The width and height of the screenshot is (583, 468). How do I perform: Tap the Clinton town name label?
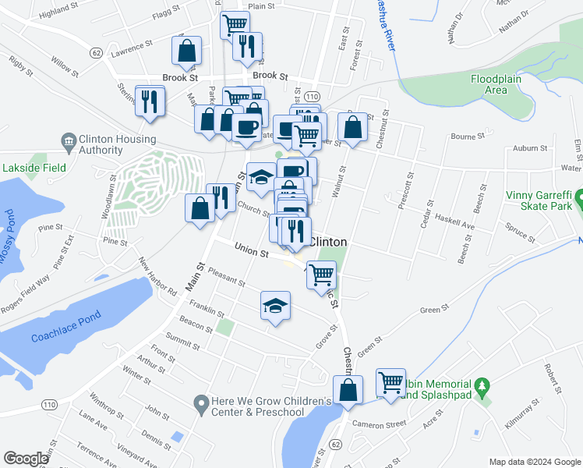[x=328, y=242]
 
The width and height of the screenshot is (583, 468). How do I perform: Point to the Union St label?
[x=252, y=251]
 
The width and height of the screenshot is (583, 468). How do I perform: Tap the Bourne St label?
[x=469, y=136]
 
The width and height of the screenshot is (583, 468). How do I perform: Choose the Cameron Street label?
[x=379, y=424]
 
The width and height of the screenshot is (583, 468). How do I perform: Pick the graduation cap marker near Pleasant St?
[x=275, y=306]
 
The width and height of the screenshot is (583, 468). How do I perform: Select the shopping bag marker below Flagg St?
[x=187, y=52]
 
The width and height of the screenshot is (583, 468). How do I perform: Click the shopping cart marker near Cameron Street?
[x=390, y=383]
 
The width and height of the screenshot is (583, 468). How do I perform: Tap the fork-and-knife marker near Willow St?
[x=150, y=101]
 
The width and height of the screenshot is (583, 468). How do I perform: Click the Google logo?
[x=26, y=459]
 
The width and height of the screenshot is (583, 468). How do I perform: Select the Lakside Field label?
[x=34, y=168]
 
